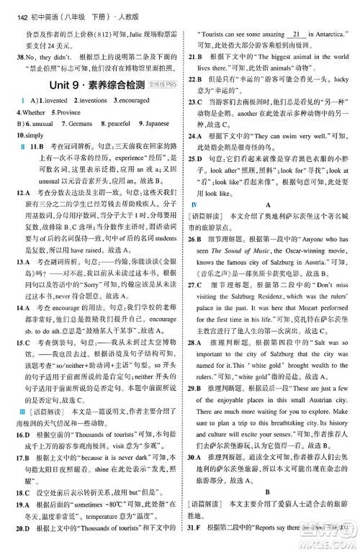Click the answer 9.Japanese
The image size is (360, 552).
pyautogui.click(x=153, y=124)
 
